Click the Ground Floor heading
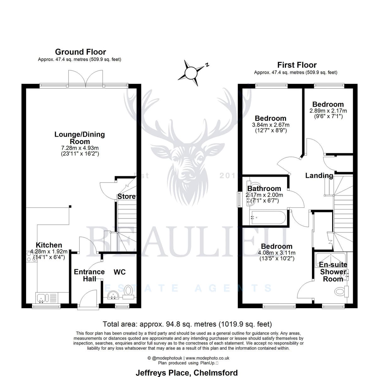[x=80, y=52]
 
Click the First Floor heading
[x=297, y=65]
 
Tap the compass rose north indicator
[x=207, y=65]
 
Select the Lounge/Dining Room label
[x=79, y=138]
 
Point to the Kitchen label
[x=49, y=245]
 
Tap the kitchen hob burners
[x=29, y=256]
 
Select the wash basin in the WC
[x=113, y=295]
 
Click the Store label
[x=126, y=196]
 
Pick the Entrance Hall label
[x=90, y=275]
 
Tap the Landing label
[x=319, y=176]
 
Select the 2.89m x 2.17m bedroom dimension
[x=328, y=111]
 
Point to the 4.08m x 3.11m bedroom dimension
[x=277, y=253]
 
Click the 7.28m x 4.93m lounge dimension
[x=80, y=148]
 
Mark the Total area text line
[x=187, y=324]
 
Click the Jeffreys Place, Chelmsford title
[x=187, y=373]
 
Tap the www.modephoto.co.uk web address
[x=207, y=358]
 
